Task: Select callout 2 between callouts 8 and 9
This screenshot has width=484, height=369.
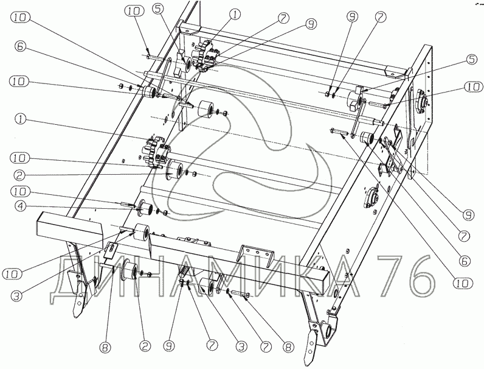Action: (x=145, y=345)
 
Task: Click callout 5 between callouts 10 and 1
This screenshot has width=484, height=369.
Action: (x=157, y=10)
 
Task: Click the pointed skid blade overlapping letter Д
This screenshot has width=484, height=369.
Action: (x=80, y=295)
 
